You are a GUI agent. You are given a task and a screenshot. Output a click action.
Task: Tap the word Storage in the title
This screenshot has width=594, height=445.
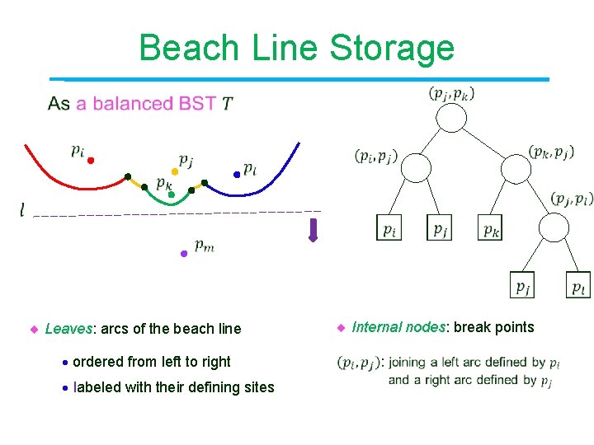click(x=392, y=48)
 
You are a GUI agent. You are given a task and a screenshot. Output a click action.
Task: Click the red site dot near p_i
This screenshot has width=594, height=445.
click(x=92, y=160)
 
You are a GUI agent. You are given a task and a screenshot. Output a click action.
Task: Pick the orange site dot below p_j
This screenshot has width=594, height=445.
click(x=174, y=172)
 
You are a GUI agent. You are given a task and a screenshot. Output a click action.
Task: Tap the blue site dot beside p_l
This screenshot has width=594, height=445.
click(x=237, y=174)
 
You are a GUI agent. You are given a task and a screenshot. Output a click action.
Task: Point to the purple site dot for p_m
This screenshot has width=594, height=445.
click(x=184, y=254)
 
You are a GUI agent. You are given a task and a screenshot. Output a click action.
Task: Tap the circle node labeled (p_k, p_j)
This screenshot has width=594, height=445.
click(x=516, y=169)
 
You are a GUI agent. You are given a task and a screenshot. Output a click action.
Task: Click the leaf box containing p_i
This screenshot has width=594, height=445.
click(x=389, y=227)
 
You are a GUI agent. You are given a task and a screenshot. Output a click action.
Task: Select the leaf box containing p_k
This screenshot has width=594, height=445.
click(x=490, y=227)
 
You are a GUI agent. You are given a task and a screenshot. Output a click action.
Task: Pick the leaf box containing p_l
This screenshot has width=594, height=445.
click(x=580, y=284)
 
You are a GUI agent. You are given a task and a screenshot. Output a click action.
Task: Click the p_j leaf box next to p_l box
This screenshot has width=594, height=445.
click(x=523, y=284)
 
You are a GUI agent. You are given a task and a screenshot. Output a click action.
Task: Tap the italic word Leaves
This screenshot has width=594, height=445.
click(x=69, y=329)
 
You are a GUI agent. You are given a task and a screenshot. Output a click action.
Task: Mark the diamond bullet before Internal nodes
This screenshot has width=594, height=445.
click(x=340, y=328)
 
